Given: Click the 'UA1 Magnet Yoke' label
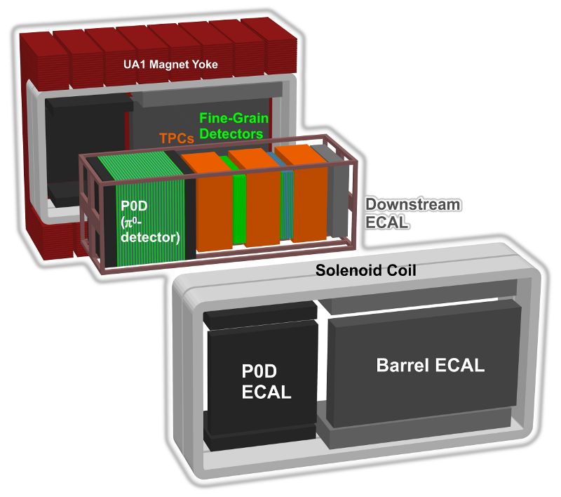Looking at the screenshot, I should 170,65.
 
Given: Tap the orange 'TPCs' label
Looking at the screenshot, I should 177,139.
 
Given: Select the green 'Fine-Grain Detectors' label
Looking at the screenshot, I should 231,126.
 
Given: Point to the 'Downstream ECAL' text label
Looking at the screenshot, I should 413,213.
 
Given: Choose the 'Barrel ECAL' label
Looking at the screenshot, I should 431,365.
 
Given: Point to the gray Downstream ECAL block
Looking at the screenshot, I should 337,197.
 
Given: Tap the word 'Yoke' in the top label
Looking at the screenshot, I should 203,65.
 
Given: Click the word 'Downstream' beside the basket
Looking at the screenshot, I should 413,205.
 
